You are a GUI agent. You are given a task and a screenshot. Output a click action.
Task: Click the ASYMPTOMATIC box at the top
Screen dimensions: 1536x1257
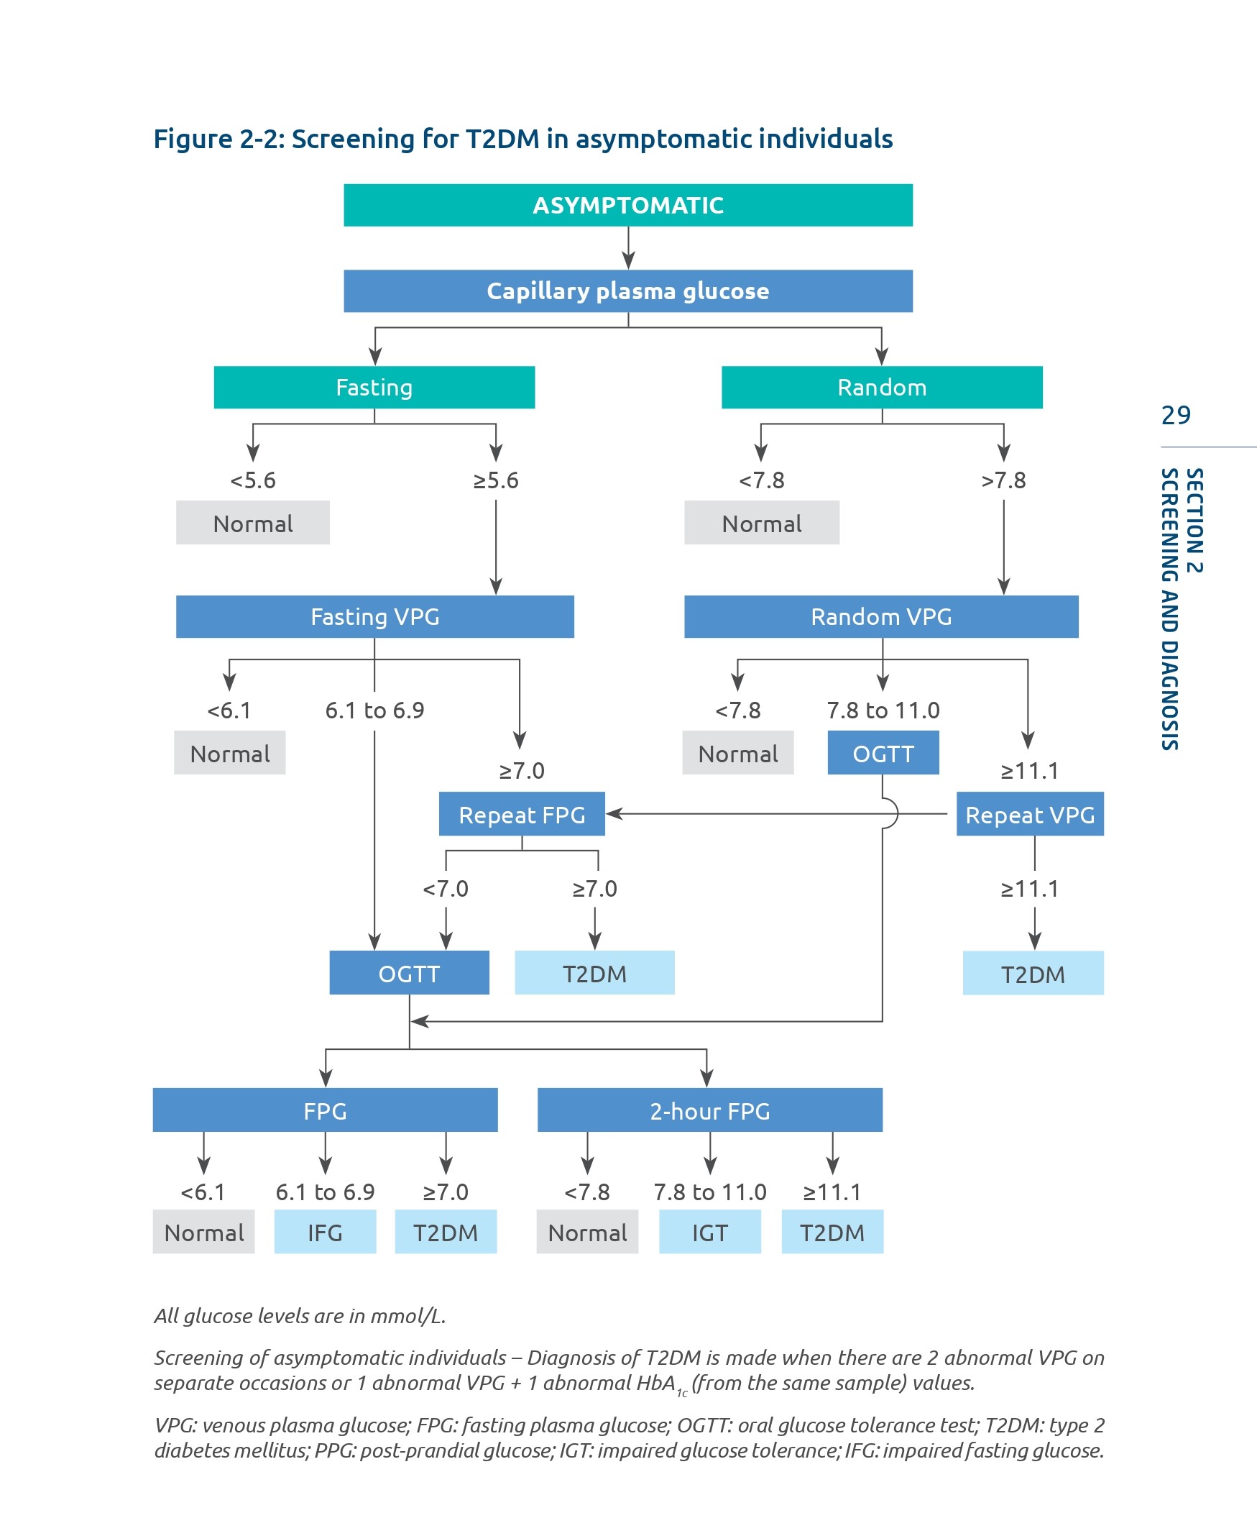point(627,205)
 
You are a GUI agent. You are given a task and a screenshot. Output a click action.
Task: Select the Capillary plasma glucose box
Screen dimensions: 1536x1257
point(627,291)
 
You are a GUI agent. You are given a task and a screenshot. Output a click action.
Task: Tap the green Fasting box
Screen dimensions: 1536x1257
point(374,387)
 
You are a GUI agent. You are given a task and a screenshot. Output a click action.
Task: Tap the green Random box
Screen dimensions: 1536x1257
point(881,387)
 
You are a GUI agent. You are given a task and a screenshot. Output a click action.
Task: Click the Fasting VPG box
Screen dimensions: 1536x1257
point(374,616)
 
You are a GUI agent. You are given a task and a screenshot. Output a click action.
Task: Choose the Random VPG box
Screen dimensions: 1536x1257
point(880,616)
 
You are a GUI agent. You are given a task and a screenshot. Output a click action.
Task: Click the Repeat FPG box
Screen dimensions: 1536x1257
point(521,814)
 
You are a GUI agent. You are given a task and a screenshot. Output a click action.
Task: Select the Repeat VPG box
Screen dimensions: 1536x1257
point(1030,814)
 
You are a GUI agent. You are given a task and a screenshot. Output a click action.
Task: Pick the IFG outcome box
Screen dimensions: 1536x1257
point(325,1233)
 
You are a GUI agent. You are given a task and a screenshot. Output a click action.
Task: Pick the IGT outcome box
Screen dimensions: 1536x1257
point(709,1233)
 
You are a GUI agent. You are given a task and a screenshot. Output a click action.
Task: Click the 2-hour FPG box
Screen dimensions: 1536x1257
point(709,1111)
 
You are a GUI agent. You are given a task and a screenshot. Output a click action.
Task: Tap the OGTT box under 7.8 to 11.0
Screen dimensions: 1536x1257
point(883,754)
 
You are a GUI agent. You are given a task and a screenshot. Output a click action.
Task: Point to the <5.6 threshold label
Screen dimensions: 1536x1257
point(253,480)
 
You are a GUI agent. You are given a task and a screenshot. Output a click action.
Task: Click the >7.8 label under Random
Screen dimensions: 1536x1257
point(1003,480)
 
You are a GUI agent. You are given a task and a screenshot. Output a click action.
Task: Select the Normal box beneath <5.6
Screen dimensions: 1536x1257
point(253,523)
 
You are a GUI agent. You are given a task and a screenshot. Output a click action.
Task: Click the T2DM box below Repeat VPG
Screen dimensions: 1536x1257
point(1033,974)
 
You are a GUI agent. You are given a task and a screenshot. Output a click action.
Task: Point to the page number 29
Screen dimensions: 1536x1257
point(1175,415)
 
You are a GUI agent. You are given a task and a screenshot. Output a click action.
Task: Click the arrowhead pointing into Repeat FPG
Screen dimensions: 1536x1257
point(612,813)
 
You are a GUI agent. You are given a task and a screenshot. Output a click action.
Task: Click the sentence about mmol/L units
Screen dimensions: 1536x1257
point(300,1316)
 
